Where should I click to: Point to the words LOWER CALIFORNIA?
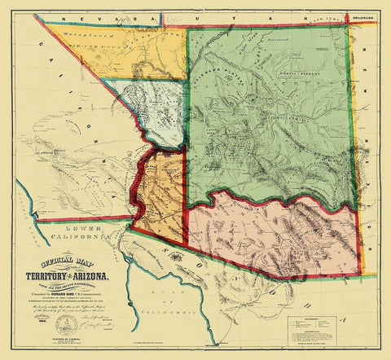(x=78, y=235)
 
